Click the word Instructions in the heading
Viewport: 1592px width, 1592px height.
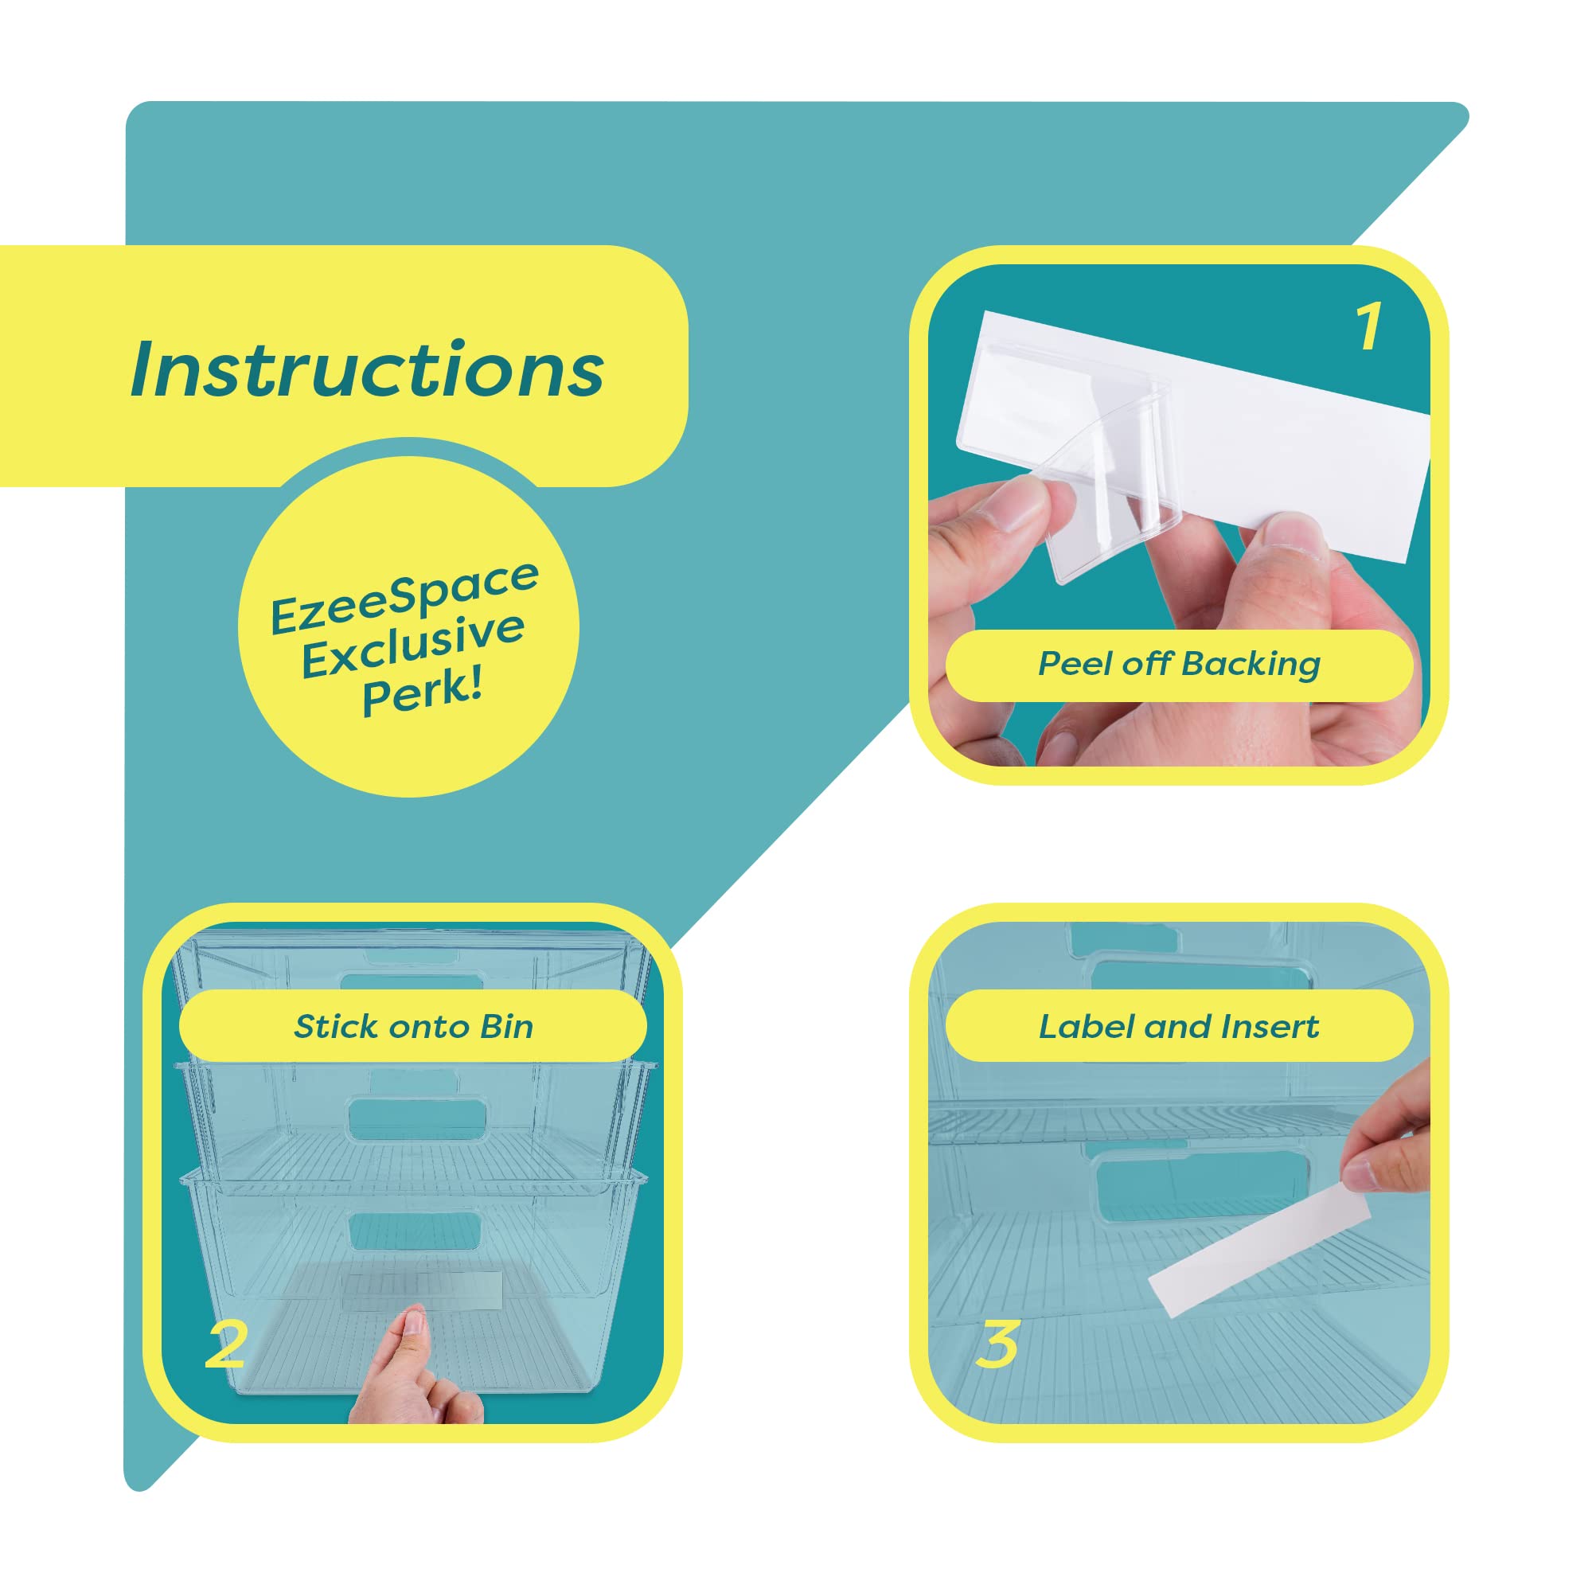[x=368, y=369]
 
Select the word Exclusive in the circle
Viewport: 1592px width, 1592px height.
[x=413, y=646]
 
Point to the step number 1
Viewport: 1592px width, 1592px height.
[x=1368, y=327]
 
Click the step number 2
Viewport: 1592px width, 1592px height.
[x=225, y=1345]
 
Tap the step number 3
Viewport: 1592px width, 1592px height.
[x=998, y=1344]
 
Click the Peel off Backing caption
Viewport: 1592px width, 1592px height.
[x=1178, y=664]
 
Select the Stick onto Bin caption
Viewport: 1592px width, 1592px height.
[x=413, y=1027]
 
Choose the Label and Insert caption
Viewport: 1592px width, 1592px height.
[x=1178, y=1027]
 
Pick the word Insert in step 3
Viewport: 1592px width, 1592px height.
[x=1270, y=1027]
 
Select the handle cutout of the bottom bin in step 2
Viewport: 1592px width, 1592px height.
[x=414, y=1230]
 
